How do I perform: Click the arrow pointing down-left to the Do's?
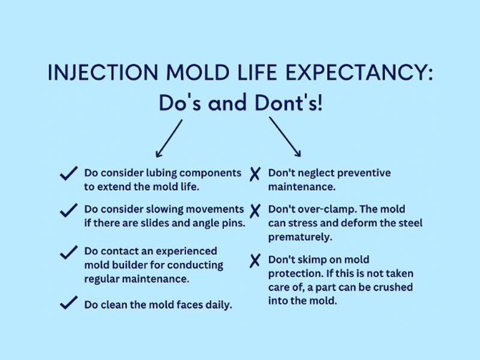pos(169,137)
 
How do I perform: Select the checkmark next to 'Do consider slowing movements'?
pos(69,211)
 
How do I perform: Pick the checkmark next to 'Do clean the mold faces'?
pos(69,303)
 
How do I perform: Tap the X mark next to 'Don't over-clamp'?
pos(254,211)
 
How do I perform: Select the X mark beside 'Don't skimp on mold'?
pos(254,261)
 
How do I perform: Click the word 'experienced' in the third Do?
pos(185,251)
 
